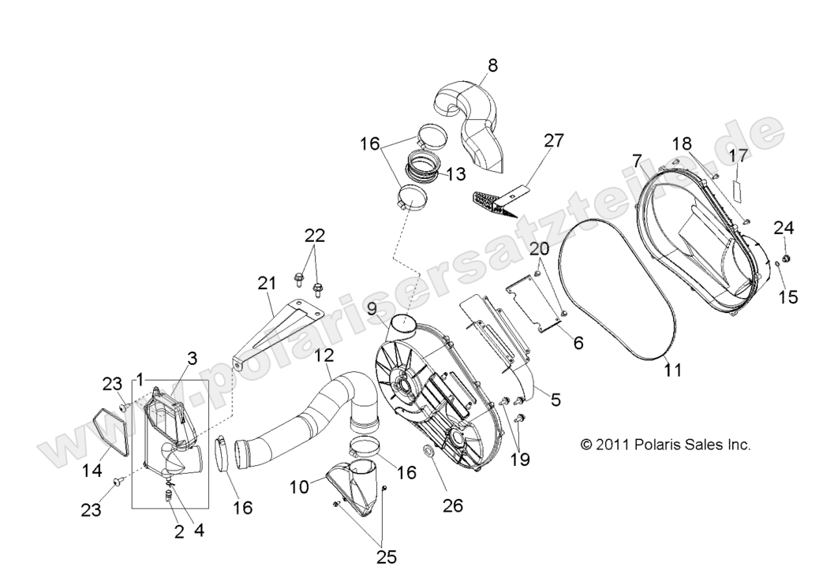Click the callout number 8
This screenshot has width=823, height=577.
(x=492, y=66)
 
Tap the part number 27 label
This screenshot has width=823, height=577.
(x=554, y=141)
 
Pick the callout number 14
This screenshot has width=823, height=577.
(x=93, y=471)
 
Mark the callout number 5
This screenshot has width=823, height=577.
(x=556, y=400)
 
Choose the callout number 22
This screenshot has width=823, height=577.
(x=315, y=236)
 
